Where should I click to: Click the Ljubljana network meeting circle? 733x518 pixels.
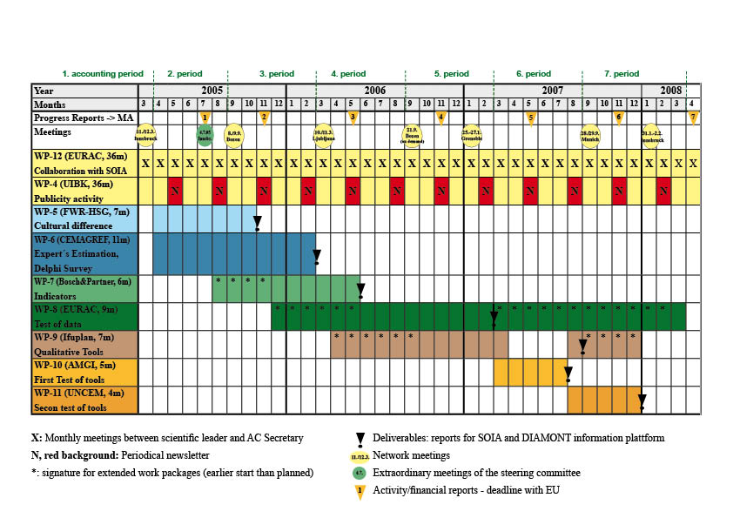click(x=323, y=134)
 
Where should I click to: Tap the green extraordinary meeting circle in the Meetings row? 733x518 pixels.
click(x=204, y=135)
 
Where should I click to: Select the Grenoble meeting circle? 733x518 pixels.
click(x=471, y=134)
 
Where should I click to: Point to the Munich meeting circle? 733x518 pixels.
click(x=590, y=134)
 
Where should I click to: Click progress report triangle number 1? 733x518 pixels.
click(x=205, y=117)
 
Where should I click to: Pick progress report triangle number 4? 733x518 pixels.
click(x=441, y=117)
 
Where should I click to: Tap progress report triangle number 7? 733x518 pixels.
click(x=693, y=117)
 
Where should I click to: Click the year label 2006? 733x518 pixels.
click(x=375, y=90)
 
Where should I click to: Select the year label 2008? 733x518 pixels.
click(x=670, y=90)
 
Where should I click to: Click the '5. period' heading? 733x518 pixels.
click(x=451, y=74)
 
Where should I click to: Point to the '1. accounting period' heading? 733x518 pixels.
click(x=96, y=74)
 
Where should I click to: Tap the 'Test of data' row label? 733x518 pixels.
click(x=58, y=323)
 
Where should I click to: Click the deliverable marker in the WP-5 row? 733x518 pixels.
click(x=258, y=225)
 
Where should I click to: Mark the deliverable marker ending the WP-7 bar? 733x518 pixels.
click(x=360, y=291)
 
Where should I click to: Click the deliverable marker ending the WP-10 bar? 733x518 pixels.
click(x=568, y=375)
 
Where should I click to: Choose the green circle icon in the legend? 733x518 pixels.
click(x=358, y=473)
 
